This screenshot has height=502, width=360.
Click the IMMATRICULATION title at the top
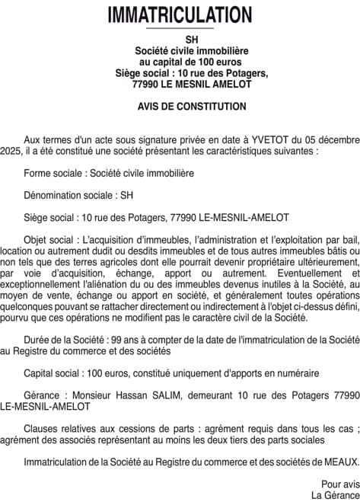pyautogui.click(x=180, y=14)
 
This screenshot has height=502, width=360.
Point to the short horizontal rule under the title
pyautogui.click(x=180, y=29)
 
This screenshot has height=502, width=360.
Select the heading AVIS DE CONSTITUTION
pyautogui.click(x=180, y=107)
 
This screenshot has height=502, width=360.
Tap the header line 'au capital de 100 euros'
pyautogui.click(x=180, y=62)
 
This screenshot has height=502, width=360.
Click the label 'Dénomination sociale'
pyautogui.click(x=64, y=195)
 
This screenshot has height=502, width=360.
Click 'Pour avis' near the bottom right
pyautogui.click(x=339, y=484)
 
